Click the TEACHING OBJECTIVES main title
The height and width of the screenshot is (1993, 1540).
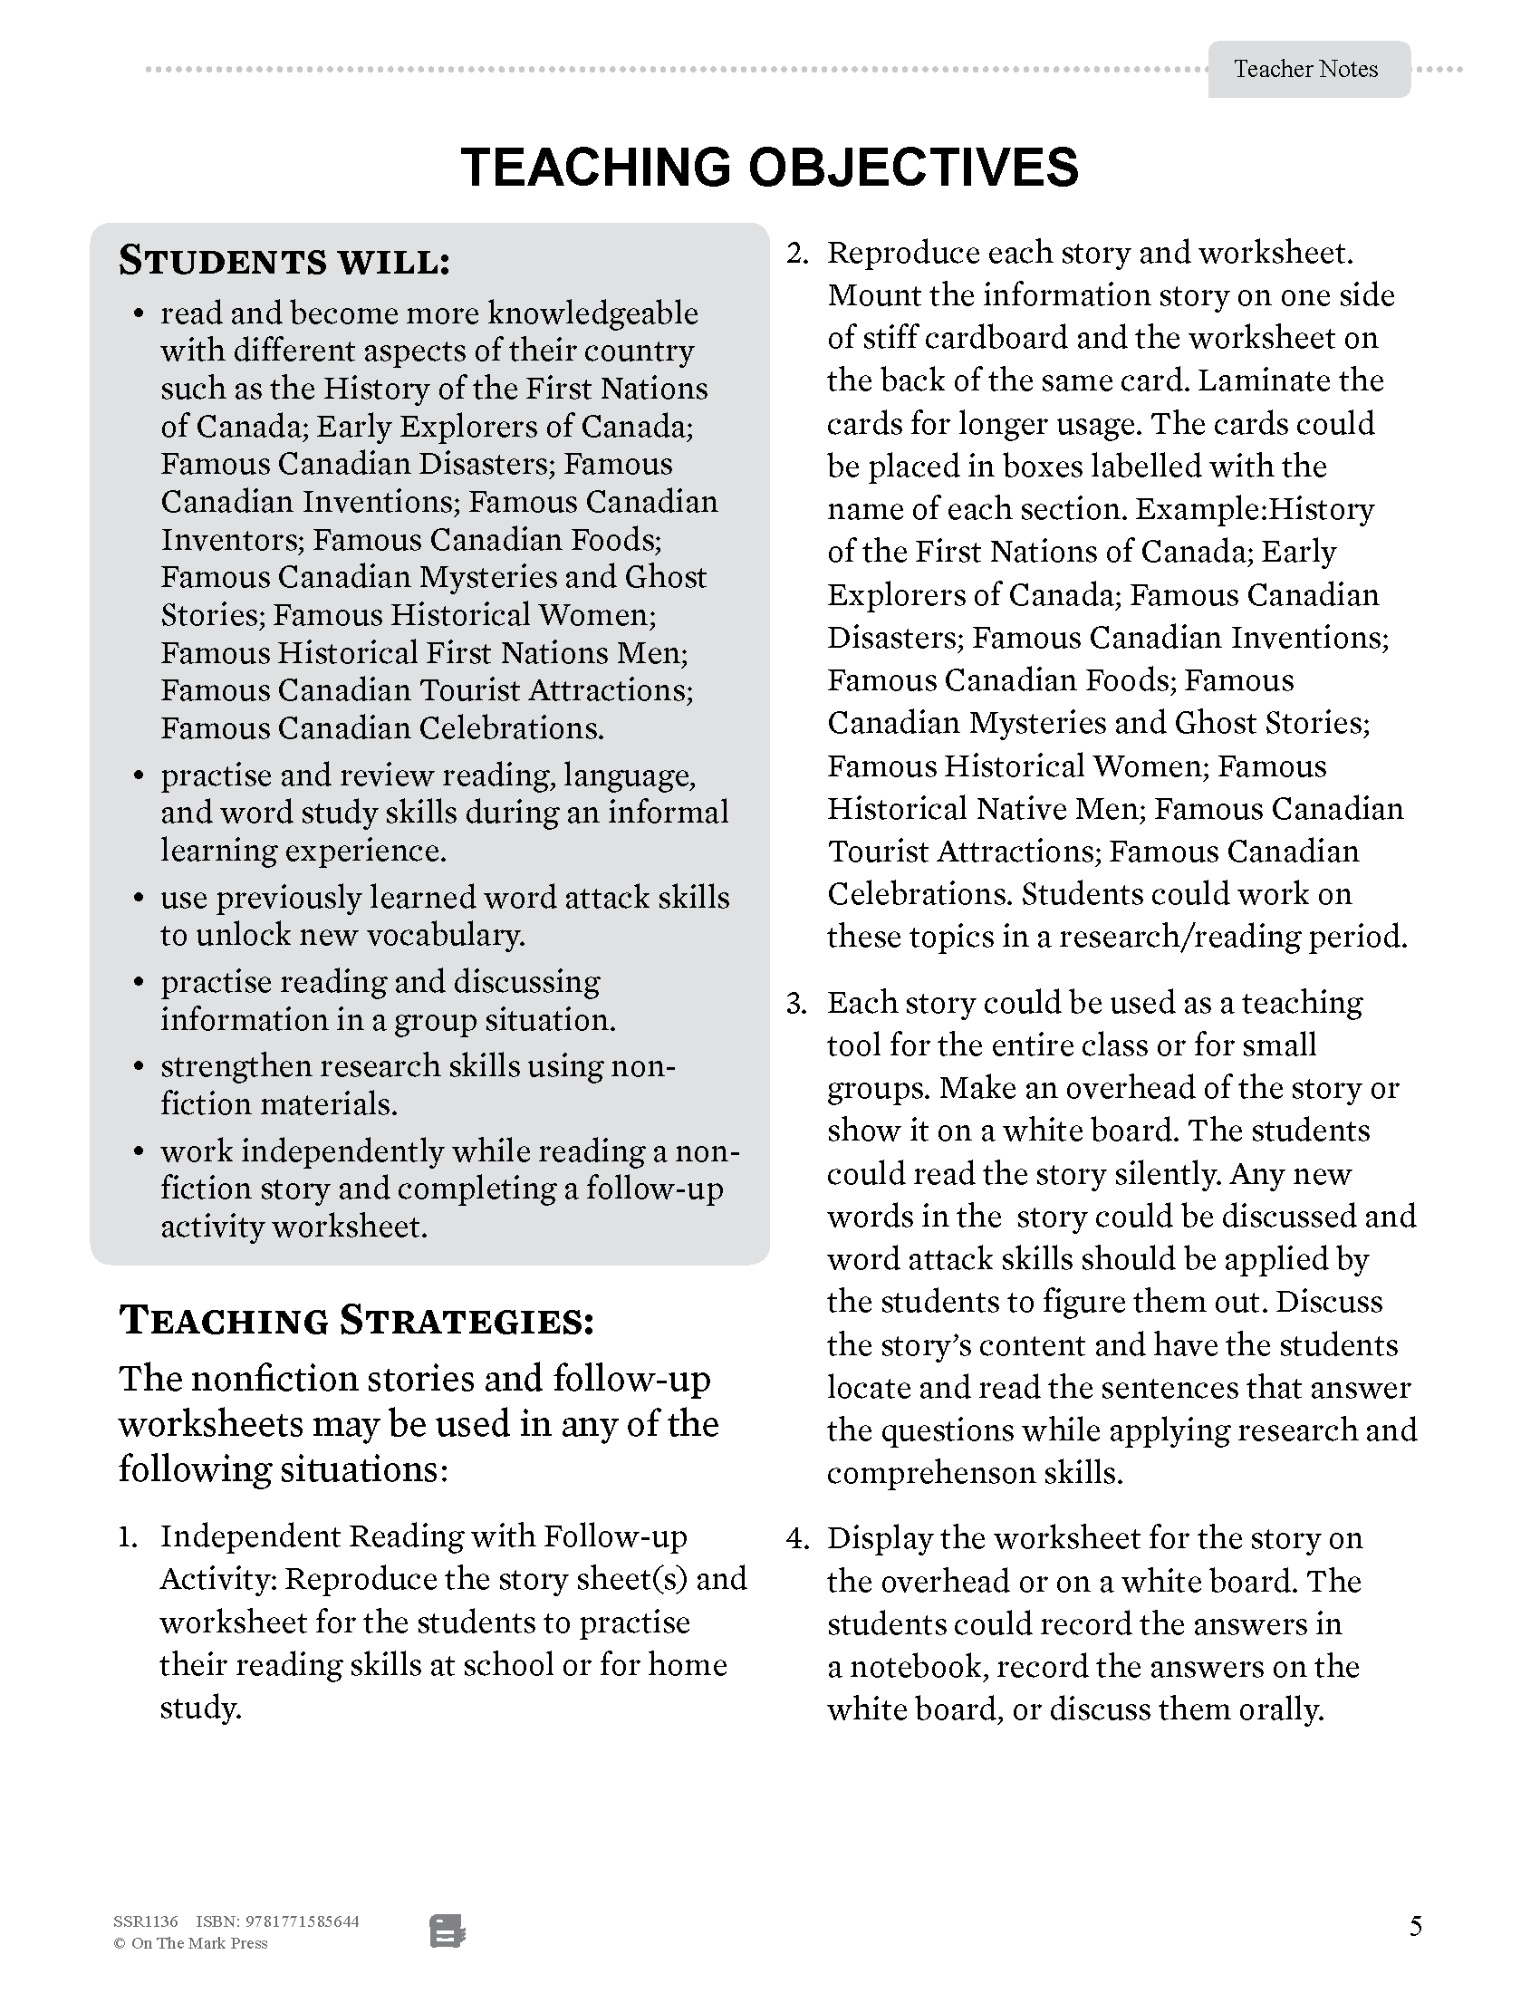point(769,168)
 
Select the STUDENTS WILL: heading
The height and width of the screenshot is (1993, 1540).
point(284,262)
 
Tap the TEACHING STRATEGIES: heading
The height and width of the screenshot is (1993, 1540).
point(357,1321)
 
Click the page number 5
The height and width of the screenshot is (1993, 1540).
point(1415,1926)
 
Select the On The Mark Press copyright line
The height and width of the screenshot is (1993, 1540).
point(190,1944)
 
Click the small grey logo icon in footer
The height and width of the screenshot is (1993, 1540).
point(447,1931)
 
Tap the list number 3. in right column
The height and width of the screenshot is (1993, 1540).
point(796,1004)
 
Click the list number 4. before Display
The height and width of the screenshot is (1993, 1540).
point(797,1538)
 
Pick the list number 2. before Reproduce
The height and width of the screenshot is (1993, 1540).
point(797,254)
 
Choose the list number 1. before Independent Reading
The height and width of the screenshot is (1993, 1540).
point(128,1536)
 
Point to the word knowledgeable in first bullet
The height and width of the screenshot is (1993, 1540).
point(592,313)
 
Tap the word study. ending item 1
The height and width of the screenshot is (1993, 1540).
point(200,1707)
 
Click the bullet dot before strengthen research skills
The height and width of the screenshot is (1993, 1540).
point(139,1067)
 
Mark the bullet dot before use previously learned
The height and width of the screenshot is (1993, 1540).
point(139,898)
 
